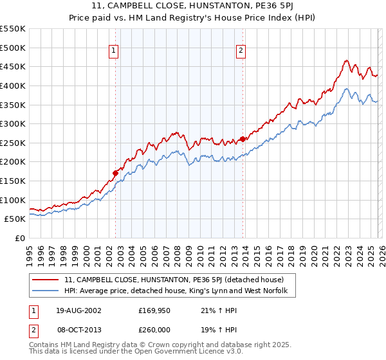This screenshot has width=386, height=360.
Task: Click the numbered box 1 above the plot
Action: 114,51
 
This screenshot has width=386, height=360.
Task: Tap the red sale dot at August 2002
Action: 116,173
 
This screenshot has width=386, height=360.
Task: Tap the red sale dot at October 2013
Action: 243,139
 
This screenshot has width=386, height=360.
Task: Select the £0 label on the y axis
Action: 21,238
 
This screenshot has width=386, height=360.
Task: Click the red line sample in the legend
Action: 46,280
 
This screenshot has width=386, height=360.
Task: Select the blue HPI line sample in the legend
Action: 46,291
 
